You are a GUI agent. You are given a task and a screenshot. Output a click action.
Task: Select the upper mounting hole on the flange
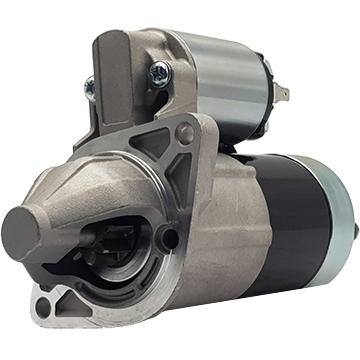pyautogui.click(x=185, y=132)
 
